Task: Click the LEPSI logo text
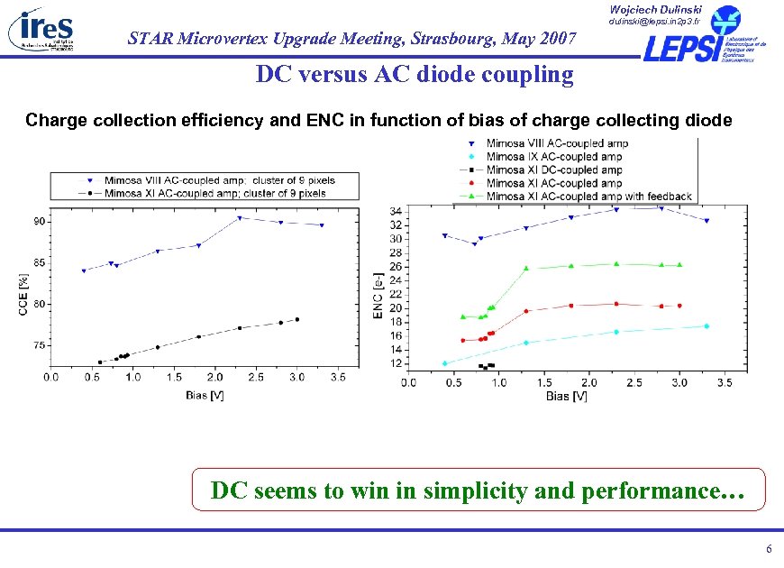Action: click(680, 48)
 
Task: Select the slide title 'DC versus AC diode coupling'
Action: click(414, 74)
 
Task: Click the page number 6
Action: click(768, 550)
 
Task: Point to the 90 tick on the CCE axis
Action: click(41, 221)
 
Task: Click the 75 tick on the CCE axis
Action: click(41, 345)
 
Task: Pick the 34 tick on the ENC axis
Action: click(396, 211)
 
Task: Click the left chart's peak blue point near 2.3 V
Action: click(240, 218)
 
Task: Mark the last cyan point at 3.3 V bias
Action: click(707, 326)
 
